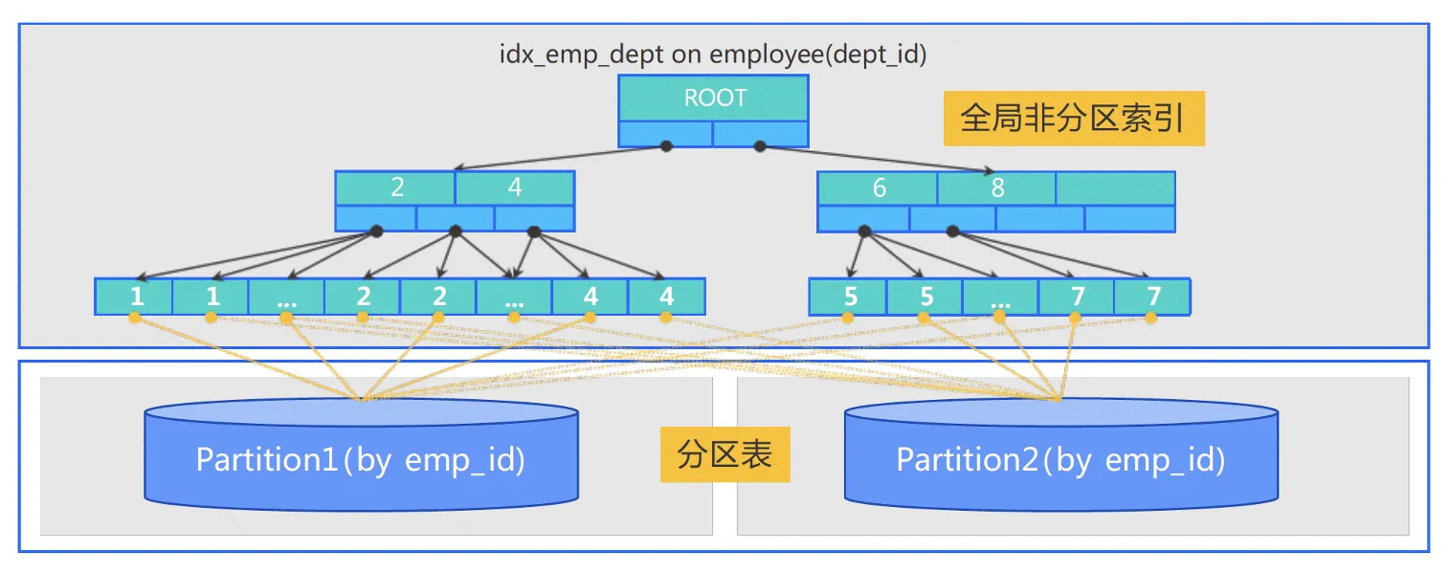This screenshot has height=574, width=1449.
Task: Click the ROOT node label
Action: click(714, 98)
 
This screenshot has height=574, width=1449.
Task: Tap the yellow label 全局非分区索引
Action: click(1073, 119)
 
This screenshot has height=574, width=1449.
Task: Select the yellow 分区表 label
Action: click(724, 454)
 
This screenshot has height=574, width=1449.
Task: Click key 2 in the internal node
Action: click(396, 188)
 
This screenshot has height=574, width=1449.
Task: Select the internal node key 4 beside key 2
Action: click(515, 188)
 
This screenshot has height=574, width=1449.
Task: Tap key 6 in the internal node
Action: click(878, 188)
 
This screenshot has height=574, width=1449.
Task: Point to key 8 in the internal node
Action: click(996, 188)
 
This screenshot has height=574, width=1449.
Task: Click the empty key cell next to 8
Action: click(1115, 188)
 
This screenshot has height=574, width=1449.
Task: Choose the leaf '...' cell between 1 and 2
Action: click(286, 297)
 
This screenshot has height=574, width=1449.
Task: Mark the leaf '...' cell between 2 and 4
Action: click(514, 297)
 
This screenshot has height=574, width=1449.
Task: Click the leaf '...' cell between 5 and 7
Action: click(1000, 297)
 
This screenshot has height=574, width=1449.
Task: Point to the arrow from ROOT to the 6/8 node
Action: click(876, 159)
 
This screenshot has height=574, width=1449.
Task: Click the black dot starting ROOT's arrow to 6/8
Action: click(761, 145)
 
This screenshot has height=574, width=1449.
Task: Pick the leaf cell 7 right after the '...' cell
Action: click(1077, 297)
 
